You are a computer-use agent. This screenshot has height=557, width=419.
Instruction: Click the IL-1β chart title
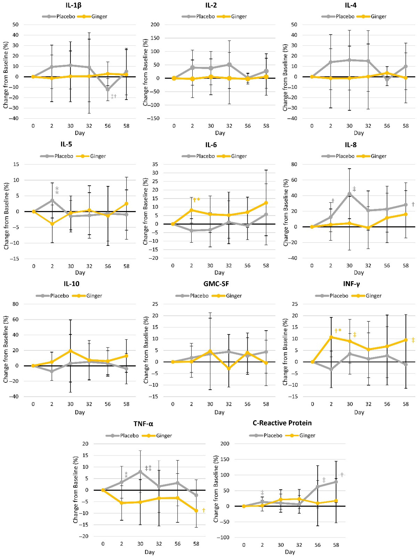73,5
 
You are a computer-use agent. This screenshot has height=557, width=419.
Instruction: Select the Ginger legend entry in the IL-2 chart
239,17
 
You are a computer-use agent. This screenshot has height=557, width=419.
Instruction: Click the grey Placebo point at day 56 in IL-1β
108,89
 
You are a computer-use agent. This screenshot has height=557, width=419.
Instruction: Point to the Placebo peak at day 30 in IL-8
349,194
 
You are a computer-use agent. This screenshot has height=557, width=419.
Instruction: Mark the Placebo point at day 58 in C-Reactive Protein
336,482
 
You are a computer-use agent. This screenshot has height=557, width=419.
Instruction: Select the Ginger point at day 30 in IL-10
70,351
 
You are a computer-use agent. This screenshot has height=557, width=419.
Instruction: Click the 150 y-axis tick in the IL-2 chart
155,38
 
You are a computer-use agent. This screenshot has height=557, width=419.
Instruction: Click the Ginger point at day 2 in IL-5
52,224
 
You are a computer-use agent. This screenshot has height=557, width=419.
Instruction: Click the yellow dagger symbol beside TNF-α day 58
204,510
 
